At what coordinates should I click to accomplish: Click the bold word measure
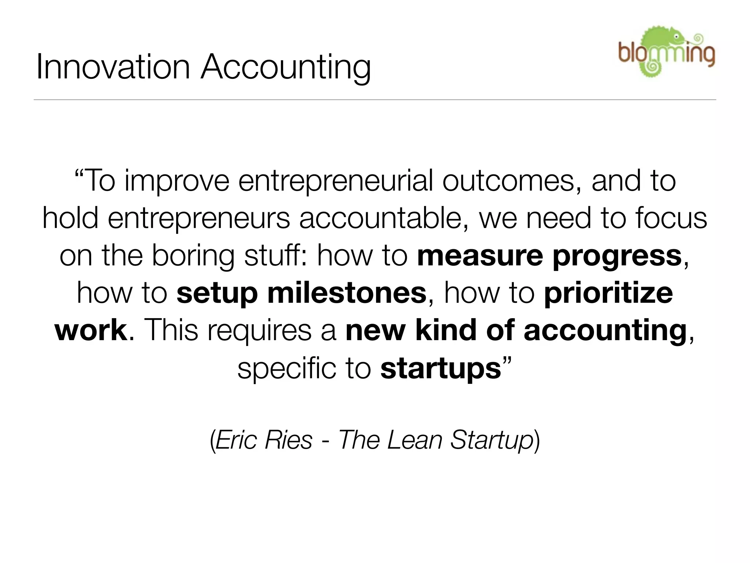tap(480, 256)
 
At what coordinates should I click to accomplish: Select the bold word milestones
tap(347, 293)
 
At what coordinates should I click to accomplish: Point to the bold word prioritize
tap(608, 294)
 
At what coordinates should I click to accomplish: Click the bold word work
tap(91, 330)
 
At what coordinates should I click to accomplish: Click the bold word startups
tap(441, 369)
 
